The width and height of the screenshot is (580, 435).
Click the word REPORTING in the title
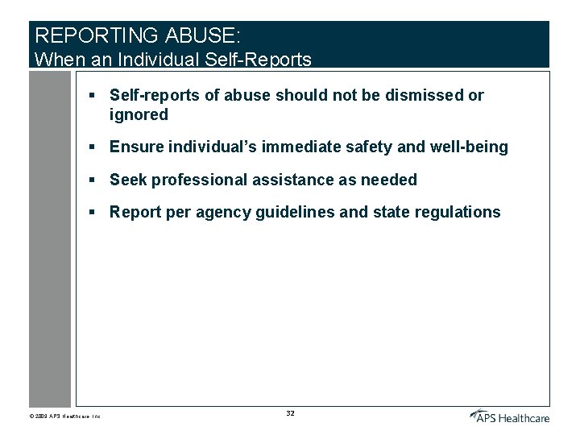point(97,36)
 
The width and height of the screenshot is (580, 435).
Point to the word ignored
point(139,114)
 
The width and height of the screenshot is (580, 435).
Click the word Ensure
point(135,147)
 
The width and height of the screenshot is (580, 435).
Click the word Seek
point(128,180)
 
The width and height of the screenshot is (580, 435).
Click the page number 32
point(291,413)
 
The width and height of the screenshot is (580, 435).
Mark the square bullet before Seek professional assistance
point(93,180)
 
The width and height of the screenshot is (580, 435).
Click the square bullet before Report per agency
point(93,212)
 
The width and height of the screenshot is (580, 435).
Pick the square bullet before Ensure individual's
point(93,147)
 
